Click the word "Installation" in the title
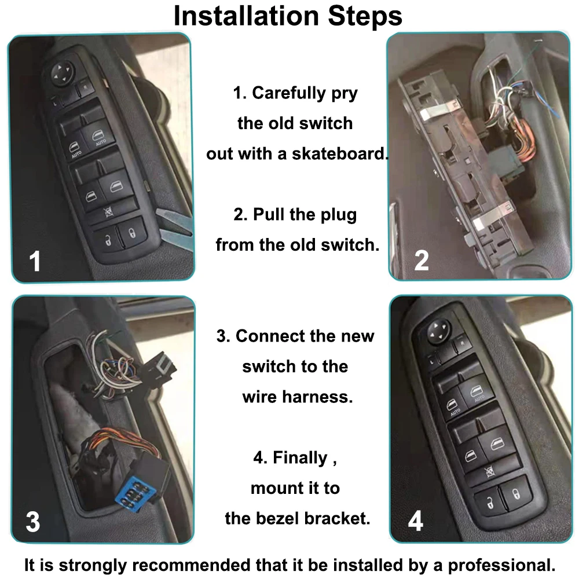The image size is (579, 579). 246,16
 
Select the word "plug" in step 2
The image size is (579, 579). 338,215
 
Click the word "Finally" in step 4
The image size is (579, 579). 300,458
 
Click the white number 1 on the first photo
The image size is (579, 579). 35,261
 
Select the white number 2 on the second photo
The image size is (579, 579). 422,261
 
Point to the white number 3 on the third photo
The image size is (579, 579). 33,522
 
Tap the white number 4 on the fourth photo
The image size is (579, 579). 415,521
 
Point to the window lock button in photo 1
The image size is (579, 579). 109,211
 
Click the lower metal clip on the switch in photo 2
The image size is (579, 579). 492,218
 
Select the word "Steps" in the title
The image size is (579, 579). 365,16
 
